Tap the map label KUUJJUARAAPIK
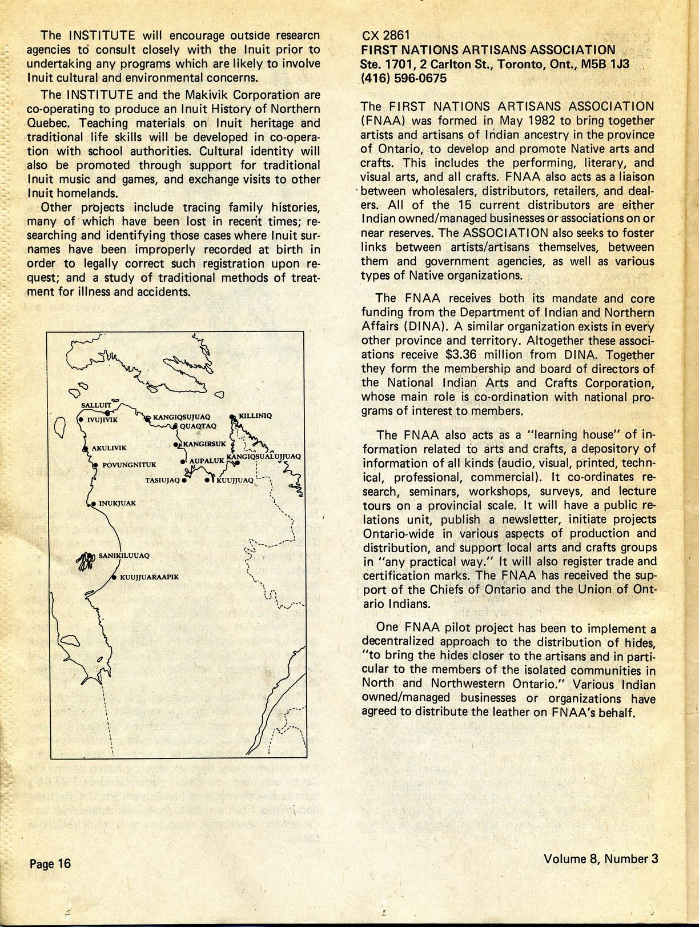[x=149, y=577]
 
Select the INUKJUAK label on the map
[x=117, y=504]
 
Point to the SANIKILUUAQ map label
[x=124, y=555]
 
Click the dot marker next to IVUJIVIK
[x=80, y=420]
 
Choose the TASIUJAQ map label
[x=162, y=480]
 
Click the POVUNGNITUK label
[x=128, y=465]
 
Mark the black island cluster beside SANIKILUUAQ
[x=85, y=562]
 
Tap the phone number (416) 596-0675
[x=403, y=78]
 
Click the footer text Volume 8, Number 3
[x=601, y=858]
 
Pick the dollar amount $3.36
[x=459, y=354]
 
